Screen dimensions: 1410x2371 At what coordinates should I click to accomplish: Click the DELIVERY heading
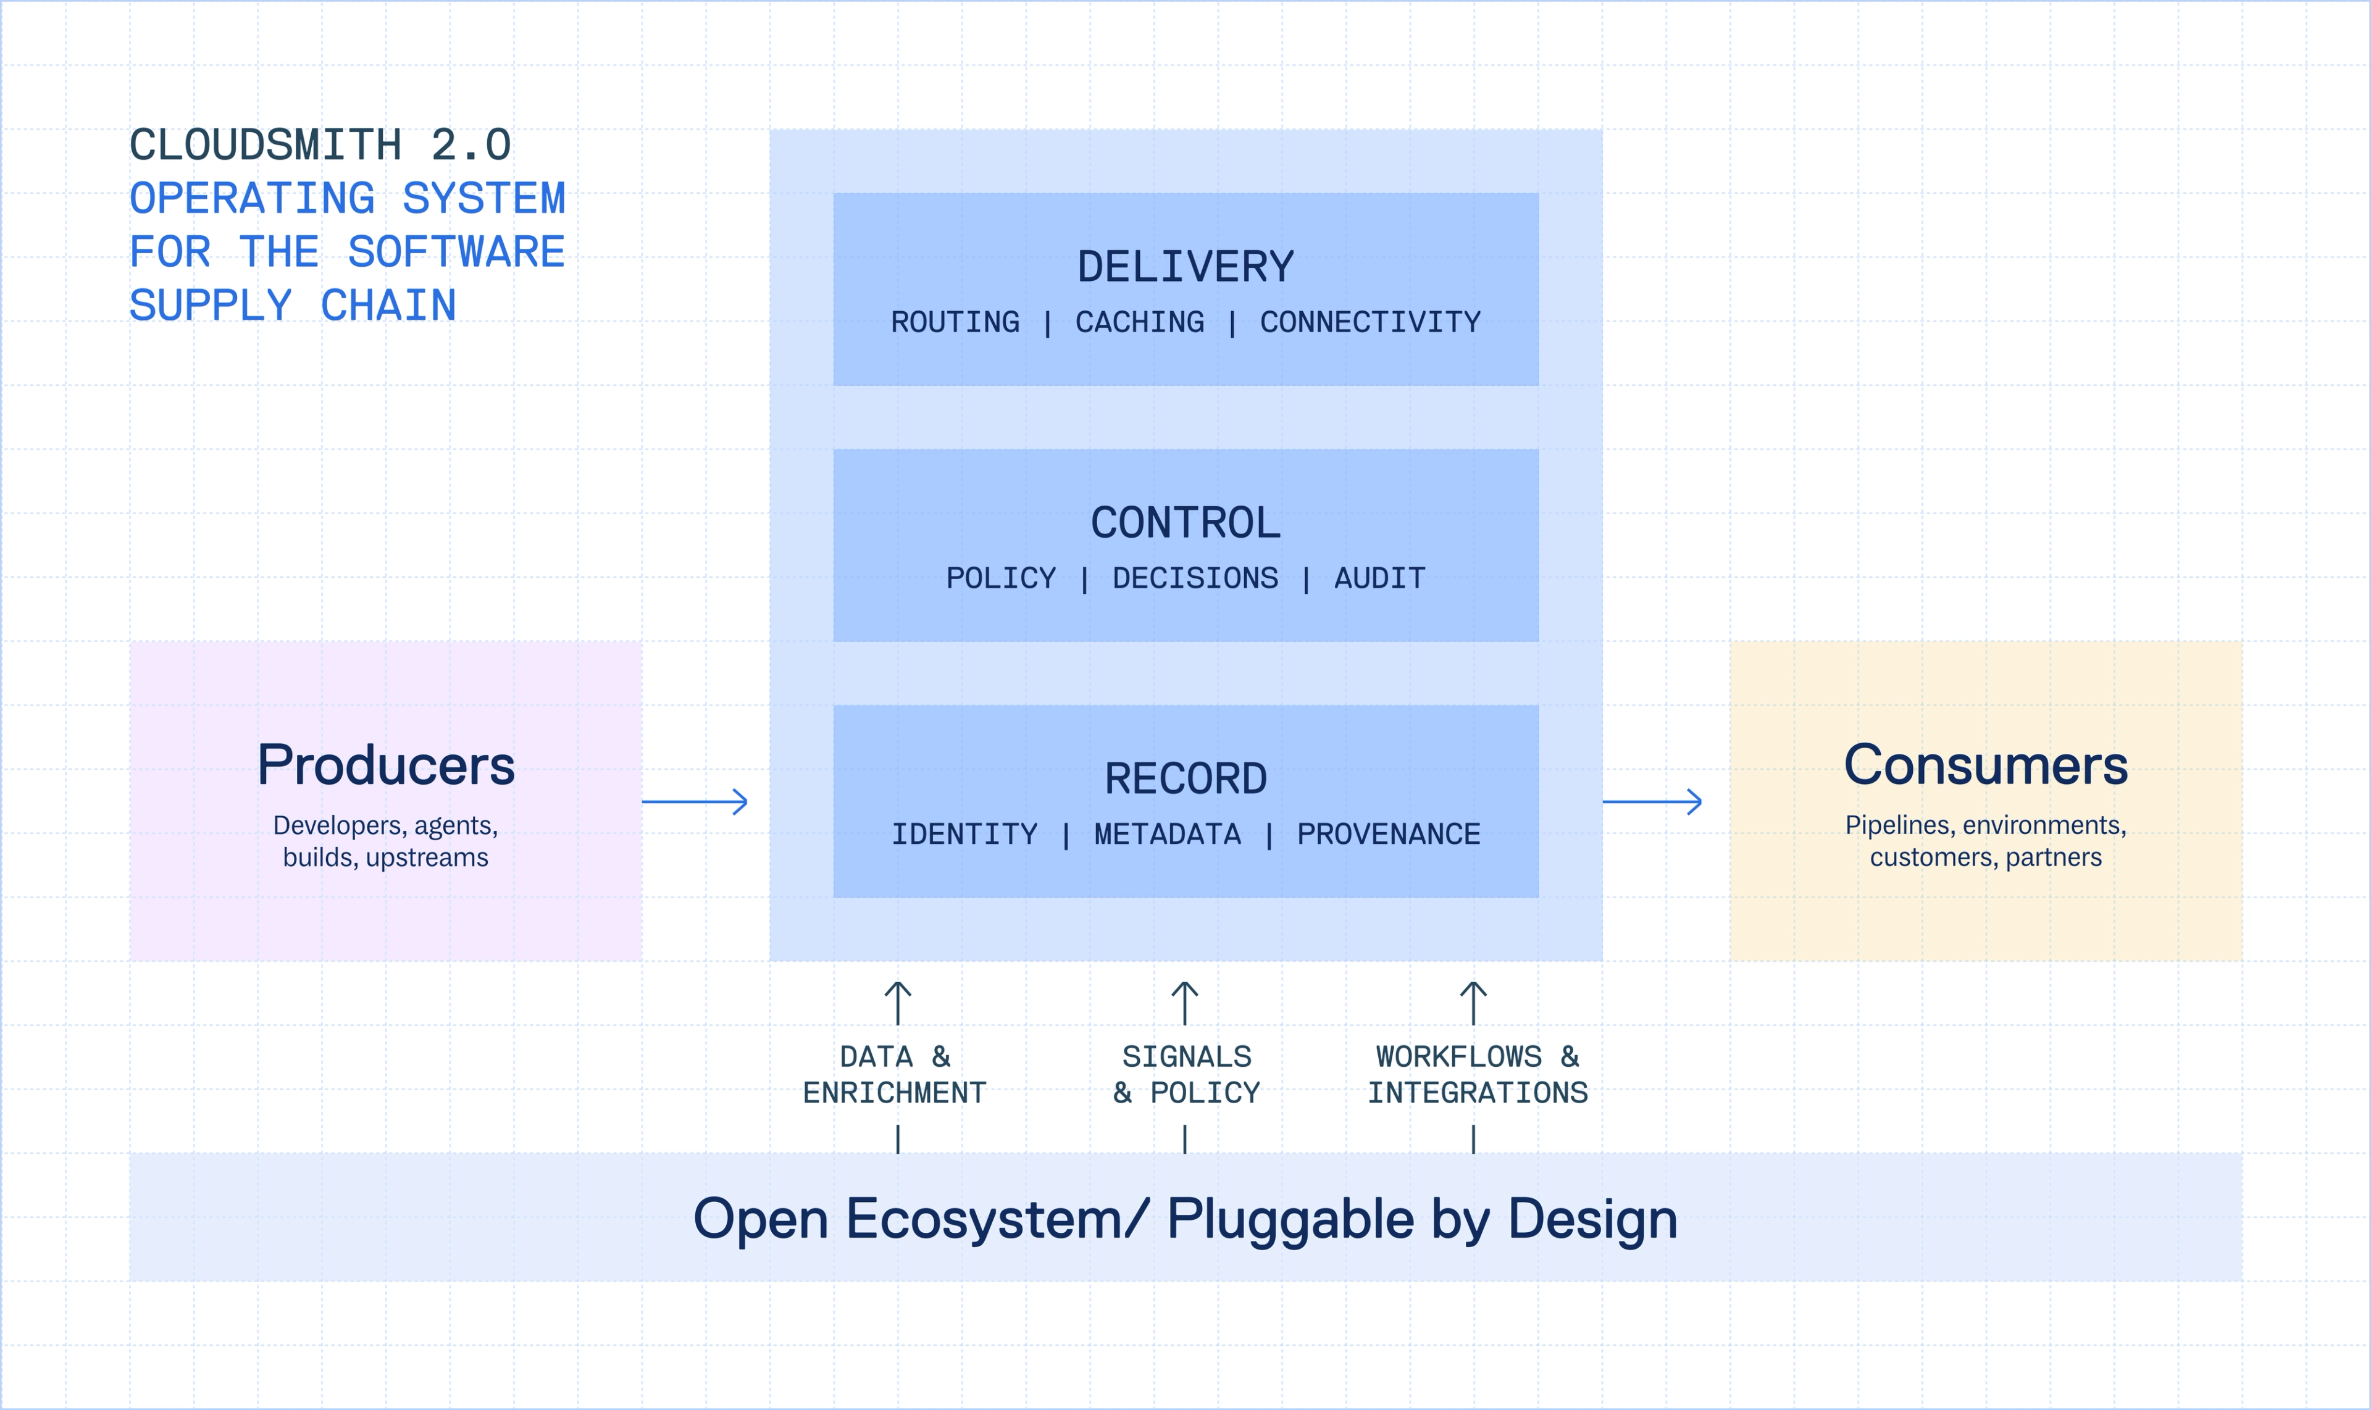tap(1185, 267)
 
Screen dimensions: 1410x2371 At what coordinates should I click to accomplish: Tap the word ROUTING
tap(955, 323)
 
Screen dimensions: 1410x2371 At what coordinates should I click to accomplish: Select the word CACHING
tap(1139, 323)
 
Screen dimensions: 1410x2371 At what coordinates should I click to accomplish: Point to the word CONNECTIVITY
tap(1369, 323)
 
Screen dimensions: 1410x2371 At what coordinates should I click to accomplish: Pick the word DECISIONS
tap(1195, 578)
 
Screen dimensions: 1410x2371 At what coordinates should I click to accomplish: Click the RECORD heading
tap(1185, 779)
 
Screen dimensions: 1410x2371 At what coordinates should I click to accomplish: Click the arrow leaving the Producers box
tap(696, 802)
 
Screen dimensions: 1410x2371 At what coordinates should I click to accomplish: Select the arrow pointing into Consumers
tap(1652, 802)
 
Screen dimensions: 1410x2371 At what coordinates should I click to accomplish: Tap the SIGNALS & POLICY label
tap(1186, 1075)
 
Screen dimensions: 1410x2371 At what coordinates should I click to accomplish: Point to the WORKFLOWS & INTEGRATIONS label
tap(1477, 1075)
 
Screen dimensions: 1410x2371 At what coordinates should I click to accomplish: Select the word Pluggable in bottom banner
tap(1290, 1219)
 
